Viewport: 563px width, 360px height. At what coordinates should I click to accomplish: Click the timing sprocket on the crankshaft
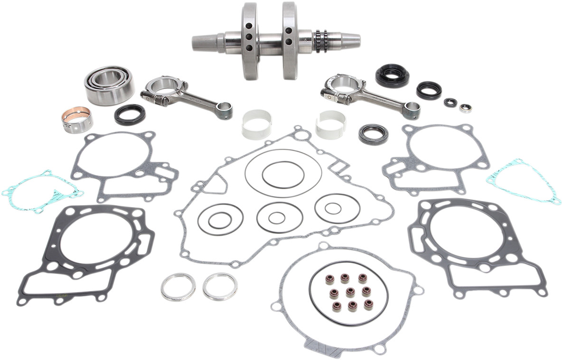[321, 41]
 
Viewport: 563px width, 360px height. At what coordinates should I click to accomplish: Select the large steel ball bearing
[109, 85]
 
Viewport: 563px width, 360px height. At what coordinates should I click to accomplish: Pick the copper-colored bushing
[76, 120]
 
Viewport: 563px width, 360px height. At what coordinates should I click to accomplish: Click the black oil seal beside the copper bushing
[130, 114]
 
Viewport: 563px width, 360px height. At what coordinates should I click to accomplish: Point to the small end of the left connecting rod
[224, 111]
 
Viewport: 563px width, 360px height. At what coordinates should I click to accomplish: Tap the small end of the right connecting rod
[412, 110]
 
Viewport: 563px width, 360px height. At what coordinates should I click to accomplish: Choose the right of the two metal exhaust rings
[220, 286]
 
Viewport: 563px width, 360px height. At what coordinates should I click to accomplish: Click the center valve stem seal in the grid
[351, 291]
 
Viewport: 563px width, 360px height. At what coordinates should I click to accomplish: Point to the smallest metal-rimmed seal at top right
[465, 108]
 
